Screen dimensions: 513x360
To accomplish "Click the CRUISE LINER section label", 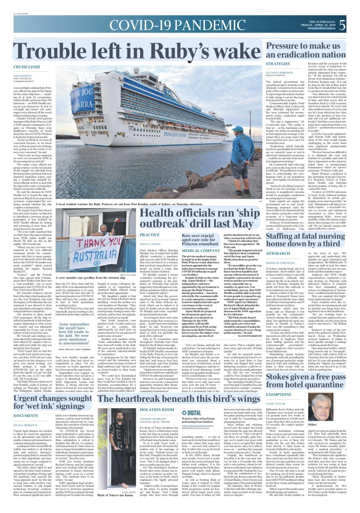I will pyautogui.click(x=27, y=67).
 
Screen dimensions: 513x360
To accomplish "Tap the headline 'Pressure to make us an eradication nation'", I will pyautogui.click(x=306, y=50).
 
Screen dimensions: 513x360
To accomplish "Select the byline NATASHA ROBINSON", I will pyautogui.click(x=279, y=73).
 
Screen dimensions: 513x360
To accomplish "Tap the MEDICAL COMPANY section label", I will pyautogui.click(x=201, y=251).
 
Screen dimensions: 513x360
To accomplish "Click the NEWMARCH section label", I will pyautogui.click(x=278, y=253).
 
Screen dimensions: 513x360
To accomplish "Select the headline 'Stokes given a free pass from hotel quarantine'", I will pyautogui.click(x=306, y=381).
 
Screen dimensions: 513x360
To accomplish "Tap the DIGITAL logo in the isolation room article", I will pyautogui.click(x=191, y=413).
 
